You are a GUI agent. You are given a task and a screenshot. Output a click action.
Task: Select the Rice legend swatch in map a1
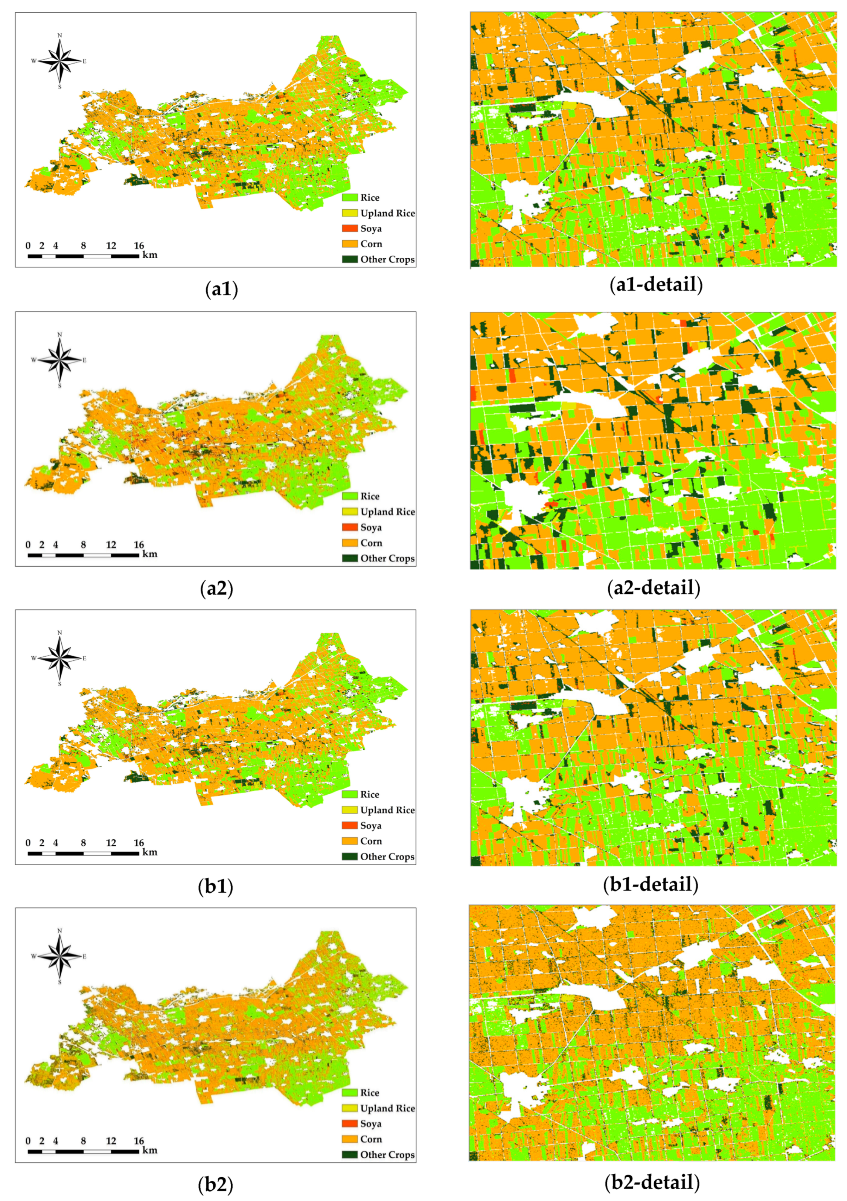(x=349, y=198)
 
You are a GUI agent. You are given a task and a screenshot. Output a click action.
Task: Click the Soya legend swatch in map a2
(x=349, y=527)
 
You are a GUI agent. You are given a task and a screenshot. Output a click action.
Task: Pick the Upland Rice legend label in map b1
(x=387, y=810)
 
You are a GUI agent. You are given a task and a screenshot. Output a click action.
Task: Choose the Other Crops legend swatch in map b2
(x=349, y=1154)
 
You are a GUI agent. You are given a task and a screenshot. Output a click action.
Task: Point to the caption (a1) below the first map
(x=222, y=289)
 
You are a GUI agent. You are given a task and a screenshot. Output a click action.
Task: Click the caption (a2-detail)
(x=654, y=587)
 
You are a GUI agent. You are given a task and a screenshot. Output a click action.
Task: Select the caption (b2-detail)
(x=652, y=1182)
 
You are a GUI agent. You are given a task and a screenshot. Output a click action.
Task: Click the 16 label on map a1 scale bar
(x=139, y=246)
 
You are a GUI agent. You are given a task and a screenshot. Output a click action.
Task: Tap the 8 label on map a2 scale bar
(x=83, y=544)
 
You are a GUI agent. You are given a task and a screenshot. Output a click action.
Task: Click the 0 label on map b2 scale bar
(x=28, y=1141)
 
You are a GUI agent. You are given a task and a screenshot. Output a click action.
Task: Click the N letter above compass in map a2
(x=59, y=335)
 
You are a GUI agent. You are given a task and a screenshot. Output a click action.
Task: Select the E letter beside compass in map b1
(x=84, y=658)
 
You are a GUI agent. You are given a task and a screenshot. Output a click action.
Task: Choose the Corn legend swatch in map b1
(x=349, y=841)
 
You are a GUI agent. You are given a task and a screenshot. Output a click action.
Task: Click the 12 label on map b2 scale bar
(x=111, y=1141)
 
